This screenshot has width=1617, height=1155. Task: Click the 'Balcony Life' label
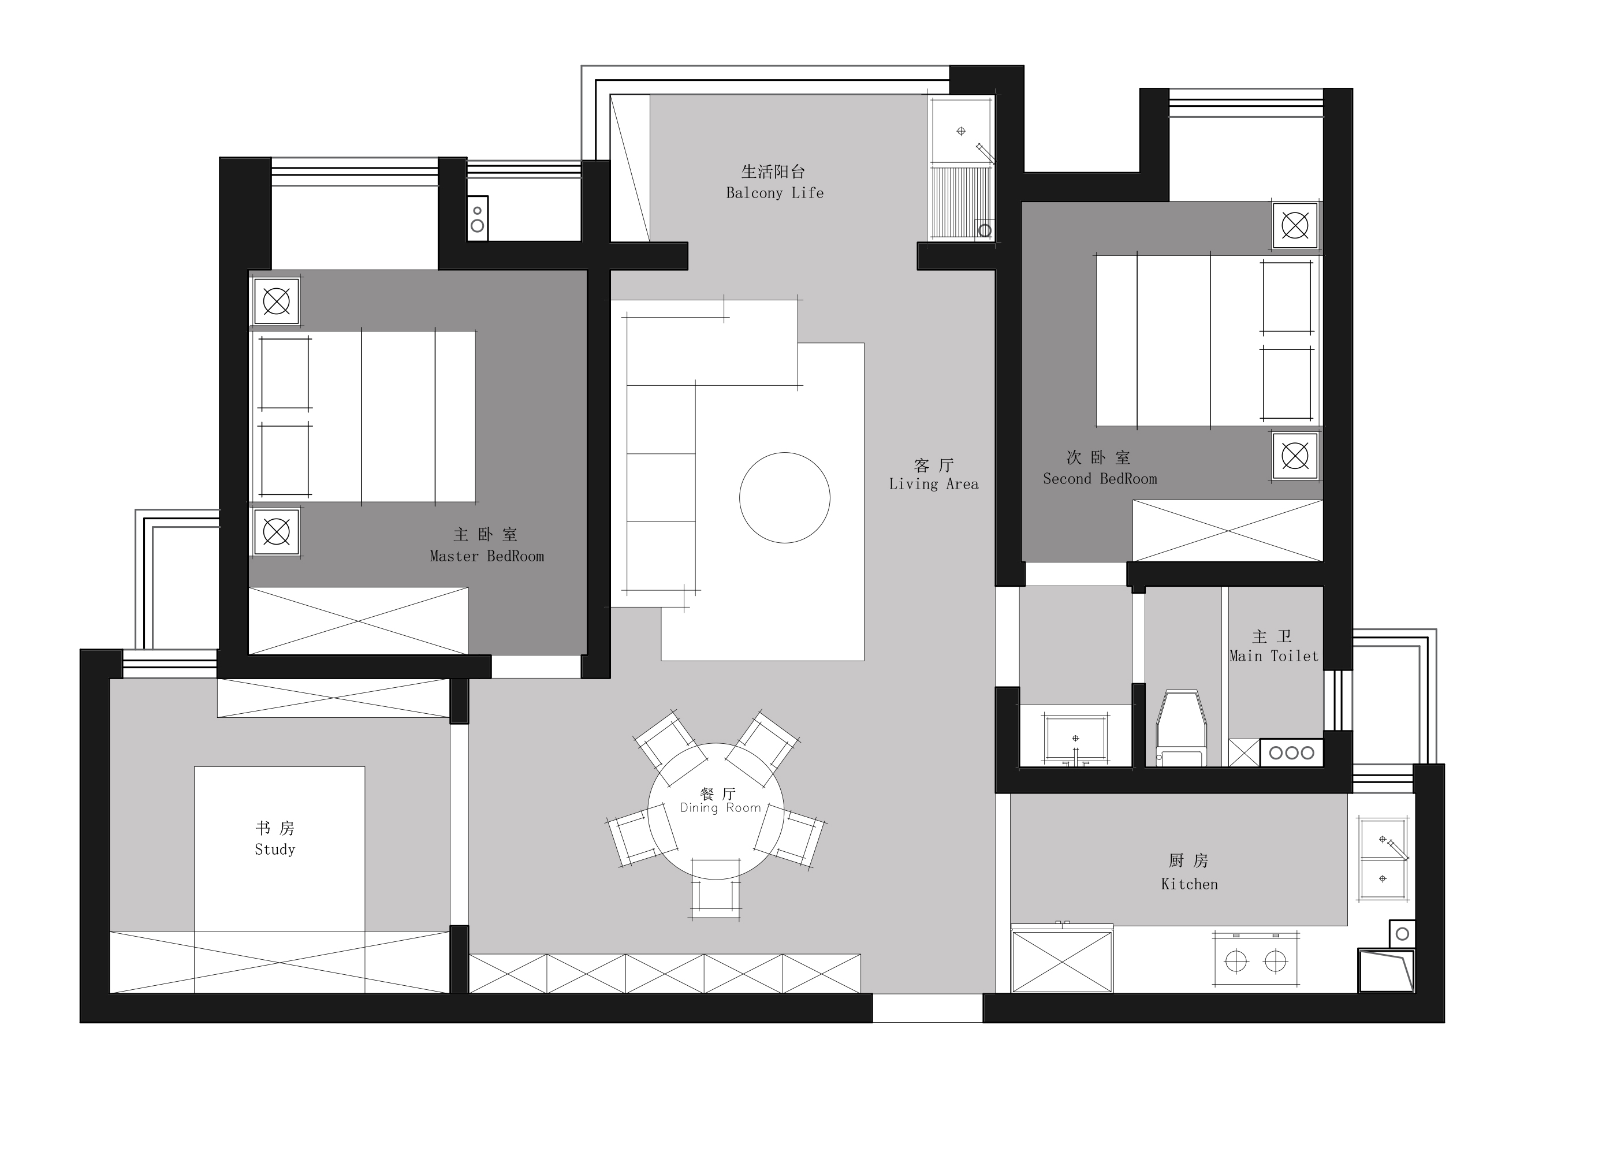pyautogui.click(x=774, y=193)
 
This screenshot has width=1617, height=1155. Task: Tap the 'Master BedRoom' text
pyautogui.click(x=486, y=556)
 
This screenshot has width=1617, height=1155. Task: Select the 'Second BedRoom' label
pyautogui.click(x=1100, y=479)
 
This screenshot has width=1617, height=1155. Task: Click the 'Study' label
pyautogui.click(x=274, y=849)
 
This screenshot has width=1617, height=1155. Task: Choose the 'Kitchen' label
pyautogui.click(x=1189, y=884)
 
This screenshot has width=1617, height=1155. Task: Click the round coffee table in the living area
pyautogui.click(x=784, y=498)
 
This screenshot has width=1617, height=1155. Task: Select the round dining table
pyautogui.click(x=716, y=811)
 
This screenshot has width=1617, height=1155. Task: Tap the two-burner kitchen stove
pyautogui.click(x=1255, y=961)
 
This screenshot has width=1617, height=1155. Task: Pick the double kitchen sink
pyautogui.click(x=1383, y=858)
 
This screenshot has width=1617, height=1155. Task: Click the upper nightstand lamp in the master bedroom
pyautogui.click(x=277, y=301)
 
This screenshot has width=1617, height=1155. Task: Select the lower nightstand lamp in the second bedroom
pyautogui.click(x=1295, y=456)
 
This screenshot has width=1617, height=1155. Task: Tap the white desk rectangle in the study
pyautogui.click(x=280, y=848)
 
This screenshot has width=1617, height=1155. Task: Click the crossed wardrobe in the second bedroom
pyautogui.click(x=1227, y=531)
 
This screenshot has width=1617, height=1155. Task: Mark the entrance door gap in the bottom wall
pyautogui.click(x=927, y=1008)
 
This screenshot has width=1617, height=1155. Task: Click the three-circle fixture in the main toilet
pyautogui.click(x=1291, y=752)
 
